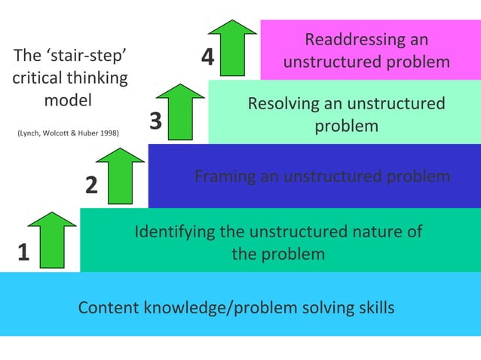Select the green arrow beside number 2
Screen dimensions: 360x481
[121, 175]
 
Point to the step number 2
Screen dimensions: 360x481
[91, 185]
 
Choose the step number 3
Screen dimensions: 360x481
[155, 121]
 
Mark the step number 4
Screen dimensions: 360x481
[208, 58]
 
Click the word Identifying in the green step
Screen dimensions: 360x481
[175, 231]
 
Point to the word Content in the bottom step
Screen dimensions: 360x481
[109, 307]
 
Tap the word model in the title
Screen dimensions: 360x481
[68, 100]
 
